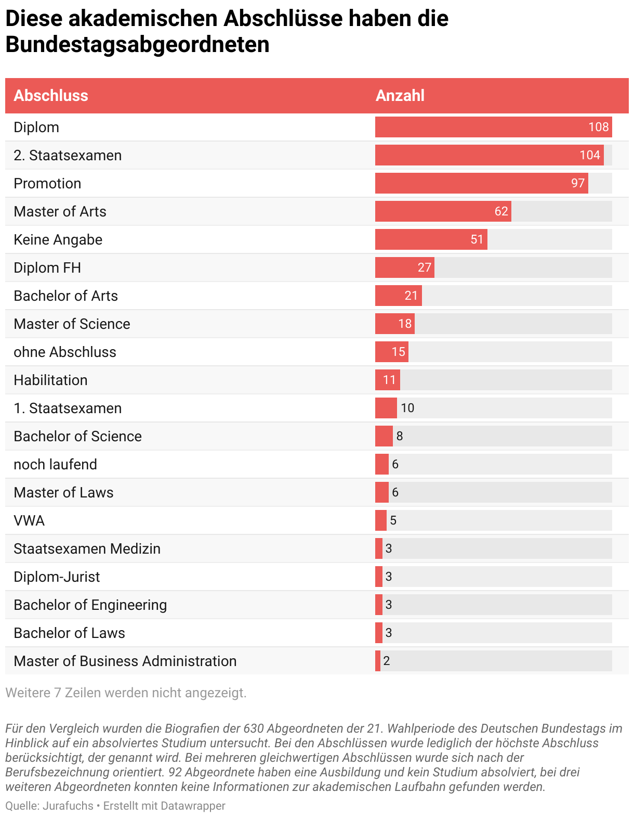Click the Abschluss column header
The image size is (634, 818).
click(x=51, y=96)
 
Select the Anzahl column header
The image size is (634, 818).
click(x=400, y=96)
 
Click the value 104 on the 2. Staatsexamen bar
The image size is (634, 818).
click(x=590, y=155)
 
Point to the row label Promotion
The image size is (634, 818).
click(x=47, y=183)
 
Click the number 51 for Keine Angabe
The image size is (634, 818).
click(x=477, y=239)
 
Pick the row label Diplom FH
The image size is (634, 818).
click(x=47, y=267)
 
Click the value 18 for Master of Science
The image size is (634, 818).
click(x=405, y=324)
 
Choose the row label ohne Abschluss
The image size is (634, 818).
click(x=65, y=352)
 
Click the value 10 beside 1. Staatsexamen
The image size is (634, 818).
click(x=407, y=408)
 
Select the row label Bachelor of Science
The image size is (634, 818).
click(x=77, y=436)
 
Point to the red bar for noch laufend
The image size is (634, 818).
click(x=382, y=464)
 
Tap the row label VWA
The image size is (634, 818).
click(x=29, y=520)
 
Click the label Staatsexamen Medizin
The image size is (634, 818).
click(x=87, y=548)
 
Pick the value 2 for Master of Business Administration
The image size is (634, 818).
click(x=387, y=661)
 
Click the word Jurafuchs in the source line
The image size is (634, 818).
click(x=68, y=806)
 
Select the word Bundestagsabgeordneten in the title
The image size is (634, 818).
click(x=137, y=45)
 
